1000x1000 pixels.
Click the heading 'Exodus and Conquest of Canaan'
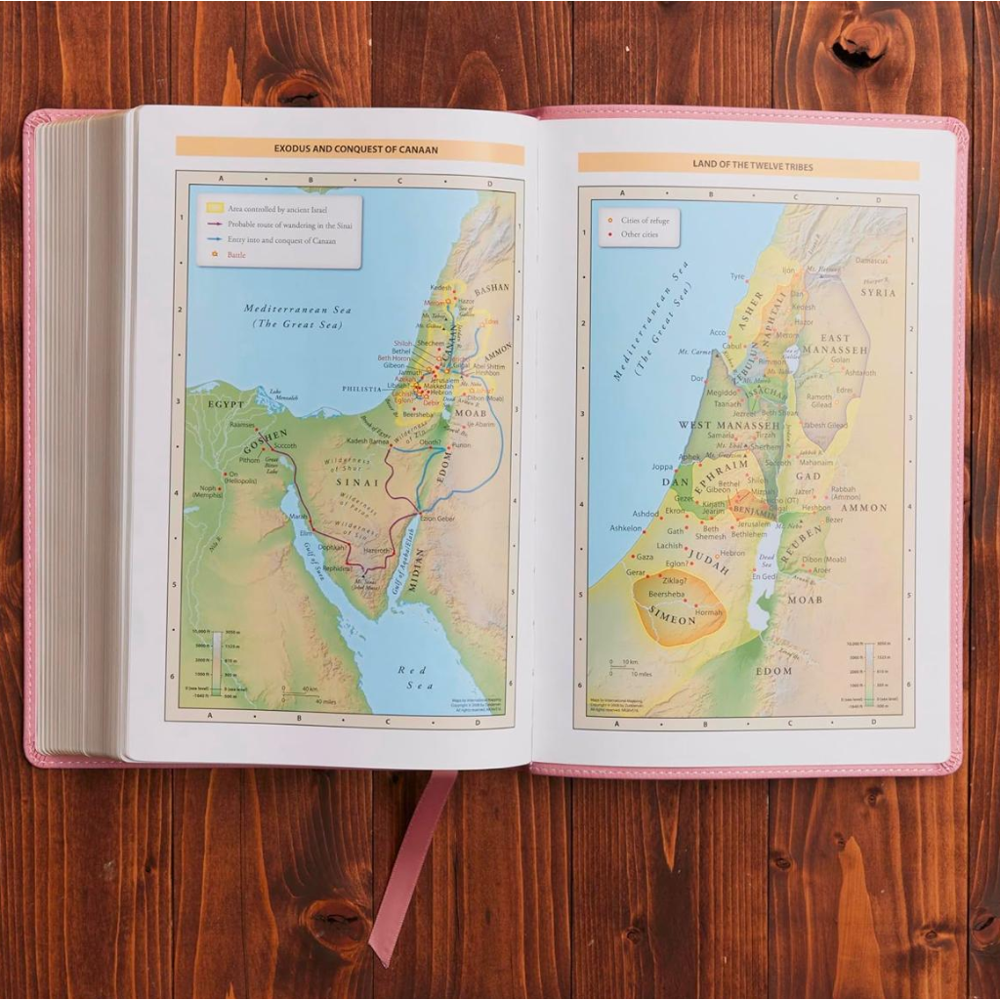tap(349, 149)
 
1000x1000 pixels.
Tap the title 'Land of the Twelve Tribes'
tap(748, 164)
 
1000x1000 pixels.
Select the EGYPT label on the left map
tap(226, 403)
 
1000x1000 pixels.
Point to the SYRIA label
tap(878, 293)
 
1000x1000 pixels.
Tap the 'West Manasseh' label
tap(728, 426)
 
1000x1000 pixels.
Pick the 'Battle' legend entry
tap(237, 255)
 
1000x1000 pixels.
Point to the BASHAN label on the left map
tap(491, 291)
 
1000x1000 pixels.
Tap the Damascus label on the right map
tap(869, 261)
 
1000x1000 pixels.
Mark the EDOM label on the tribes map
tap(774, 671)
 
